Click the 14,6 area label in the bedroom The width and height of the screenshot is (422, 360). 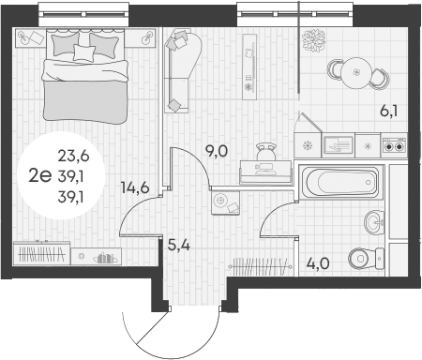click(135, 187)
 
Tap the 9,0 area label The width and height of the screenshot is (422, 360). click(217, 151)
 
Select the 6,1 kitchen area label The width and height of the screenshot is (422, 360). click(389, 112)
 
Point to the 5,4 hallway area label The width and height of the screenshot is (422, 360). click(179, 246)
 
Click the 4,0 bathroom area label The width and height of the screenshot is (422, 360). click(318, 263)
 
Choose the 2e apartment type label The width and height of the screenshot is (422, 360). click(39, 176)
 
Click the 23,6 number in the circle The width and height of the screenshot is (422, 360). click(74, 156)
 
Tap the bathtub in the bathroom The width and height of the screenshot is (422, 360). click(341, 181)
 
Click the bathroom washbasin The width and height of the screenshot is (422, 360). click(374, 222)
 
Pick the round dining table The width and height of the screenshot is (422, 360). click(356, 73)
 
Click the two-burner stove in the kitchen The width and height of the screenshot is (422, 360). click(394, 146)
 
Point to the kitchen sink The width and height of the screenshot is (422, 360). click(339, 145)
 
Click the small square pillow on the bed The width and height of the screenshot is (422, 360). click(84, 52)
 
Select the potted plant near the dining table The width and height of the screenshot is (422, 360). click(314, 40)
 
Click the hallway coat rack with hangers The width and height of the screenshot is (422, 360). click(260, 266)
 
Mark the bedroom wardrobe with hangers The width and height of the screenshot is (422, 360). click(41, 253)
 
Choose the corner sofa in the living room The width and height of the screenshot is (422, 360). click(183, 70)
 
